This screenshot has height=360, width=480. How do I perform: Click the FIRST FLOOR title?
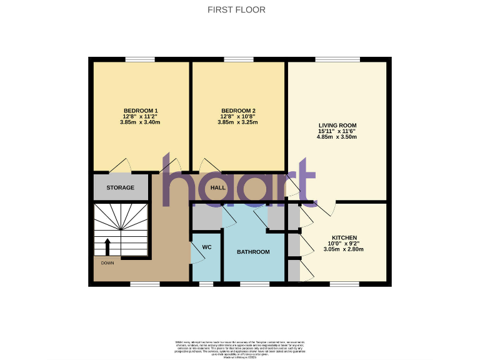pyautogui.click(x=236, y=10)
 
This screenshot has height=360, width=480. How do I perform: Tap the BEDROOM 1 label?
pyautogui.click(x=140, y=111)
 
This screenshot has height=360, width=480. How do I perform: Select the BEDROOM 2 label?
pyautogui.click(x=237, y=111)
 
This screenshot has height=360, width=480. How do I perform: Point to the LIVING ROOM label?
pyautogui.click(x=337, y=125)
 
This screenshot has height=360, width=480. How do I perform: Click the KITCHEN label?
pyautogui.click(x=344, y=237)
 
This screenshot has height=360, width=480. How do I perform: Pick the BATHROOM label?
pyautogui.click(x=252, y=252)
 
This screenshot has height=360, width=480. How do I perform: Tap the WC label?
pyautogui.click(x=207, y=247)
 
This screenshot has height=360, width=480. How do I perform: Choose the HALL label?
pyautogui.click(x=217, y=187)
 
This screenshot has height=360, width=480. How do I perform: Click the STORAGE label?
pyautogui.click(x=120, y=187)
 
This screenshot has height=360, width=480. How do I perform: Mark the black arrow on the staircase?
pyautogui.click(x=107, y=246)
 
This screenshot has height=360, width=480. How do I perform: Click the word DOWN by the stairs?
pyautogui.click(x=107, y=263)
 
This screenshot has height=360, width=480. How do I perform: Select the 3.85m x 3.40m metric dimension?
pyautogui.click(x=140, y=122)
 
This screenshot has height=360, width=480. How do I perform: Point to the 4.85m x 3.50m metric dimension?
pyautogui.click(x=337, y=137)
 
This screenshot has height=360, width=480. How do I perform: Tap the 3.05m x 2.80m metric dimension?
pyautogui.click(x=344, y=249)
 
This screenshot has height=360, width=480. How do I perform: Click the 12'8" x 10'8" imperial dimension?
pyautogui.click(x=237, y=116)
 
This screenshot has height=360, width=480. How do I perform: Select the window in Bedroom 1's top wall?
pyautogui.click(x=140, y=59)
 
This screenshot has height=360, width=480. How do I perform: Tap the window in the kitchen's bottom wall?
pyautogui.click(x=344, y=284)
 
